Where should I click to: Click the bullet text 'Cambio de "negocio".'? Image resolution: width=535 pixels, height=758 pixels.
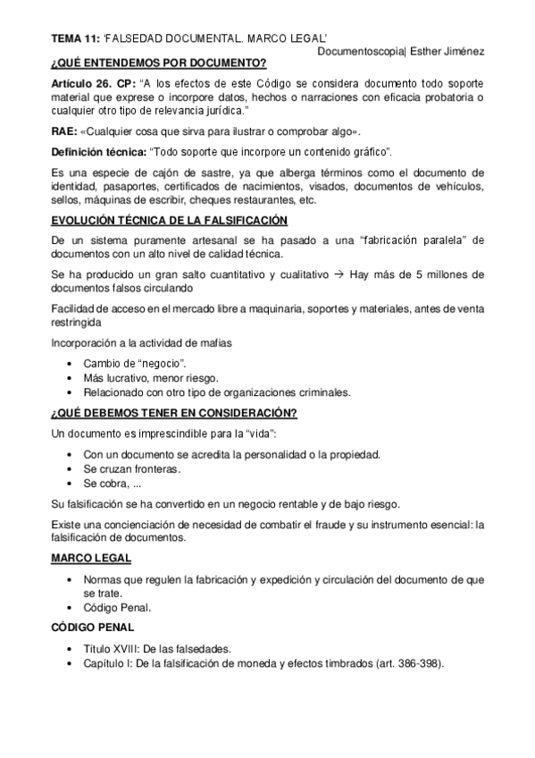pyautogui.click(x=135, y=364)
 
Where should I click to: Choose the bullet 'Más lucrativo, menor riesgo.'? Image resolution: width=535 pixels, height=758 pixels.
pyautogui.click(x=145, y=378)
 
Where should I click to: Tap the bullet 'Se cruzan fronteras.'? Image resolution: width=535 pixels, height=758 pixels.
pyautogui.click(x=132, y=468)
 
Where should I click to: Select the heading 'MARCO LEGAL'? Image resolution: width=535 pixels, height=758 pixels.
pyautogui.click(x=91, y=558)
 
